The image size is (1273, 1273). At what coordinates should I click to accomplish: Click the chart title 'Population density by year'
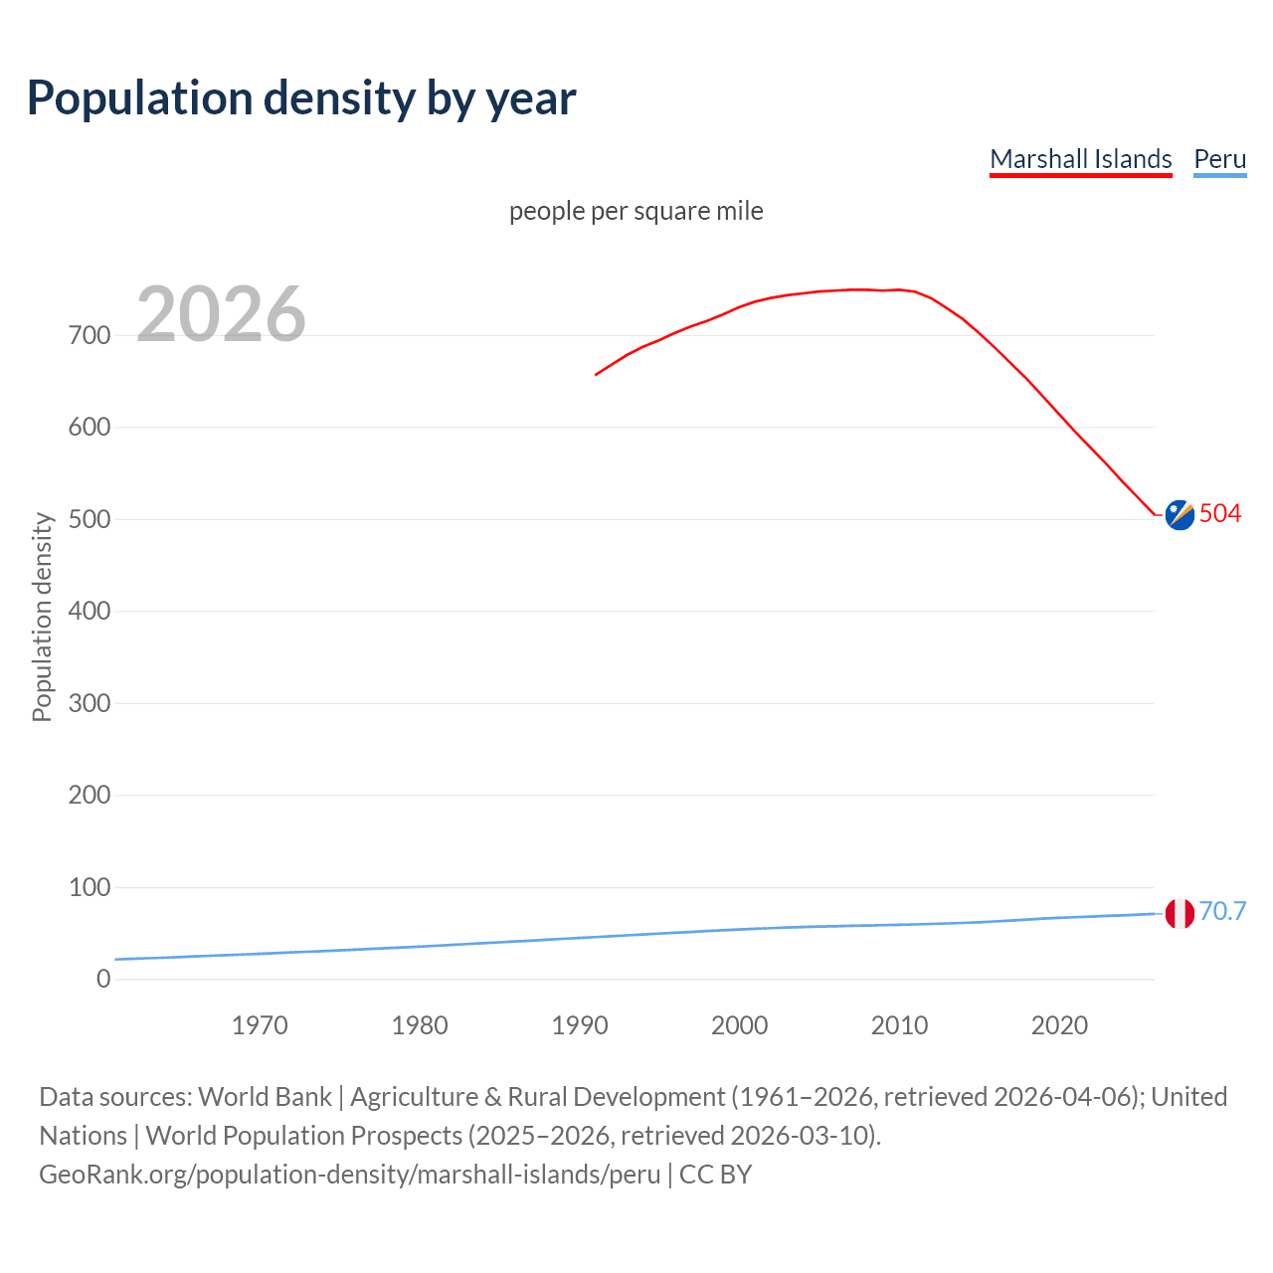[x=301, y=98]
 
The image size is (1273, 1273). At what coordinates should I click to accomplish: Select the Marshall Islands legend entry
[x=1080, y=159]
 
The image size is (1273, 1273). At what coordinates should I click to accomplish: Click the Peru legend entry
[x=1219, y=159]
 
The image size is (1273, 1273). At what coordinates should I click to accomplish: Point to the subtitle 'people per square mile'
[x=636, y=211]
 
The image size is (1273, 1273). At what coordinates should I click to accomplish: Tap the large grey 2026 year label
[x=221, y=314]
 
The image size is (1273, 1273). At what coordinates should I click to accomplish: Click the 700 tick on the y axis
[x=90, y=335]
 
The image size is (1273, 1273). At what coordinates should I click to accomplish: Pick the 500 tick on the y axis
[x=90, y=519]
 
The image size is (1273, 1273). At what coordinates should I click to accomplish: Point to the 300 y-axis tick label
[x=90, y=703]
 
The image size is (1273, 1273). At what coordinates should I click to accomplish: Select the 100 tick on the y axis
[x=90, y=887]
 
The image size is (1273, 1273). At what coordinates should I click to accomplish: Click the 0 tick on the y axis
[x=103, y=979]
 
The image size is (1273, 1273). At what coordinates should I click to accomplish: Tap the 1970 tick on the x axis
[x=260, y=1025]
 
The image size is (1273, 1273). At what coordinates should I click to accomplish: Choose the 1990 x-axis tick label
[x=580, y=1025]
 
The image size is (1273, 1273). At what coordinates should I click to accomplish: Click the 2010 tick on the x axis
[x=899, y=1025]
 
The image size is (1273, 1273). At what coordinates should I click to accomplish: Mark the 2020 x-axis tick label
[x=1059, y=1025]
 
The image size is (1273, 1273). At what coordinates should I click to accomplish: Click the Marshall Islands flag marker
[x=1180, y=514]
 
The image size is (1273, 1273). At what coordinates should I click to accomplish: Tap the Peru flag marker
[x=1180, y=913]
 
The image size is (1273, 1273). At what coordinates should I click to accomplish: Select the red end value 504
[x=1220, y=513]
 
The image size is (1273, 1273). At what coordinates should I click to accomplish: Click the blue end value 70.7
[x=1222, y=911]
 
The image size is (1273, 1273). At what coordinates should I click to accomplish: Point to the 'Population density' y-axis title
[x=42, y=617]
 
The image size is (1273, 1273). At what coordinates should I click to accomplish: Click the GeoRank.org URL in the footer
[x=349, y=1175]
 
